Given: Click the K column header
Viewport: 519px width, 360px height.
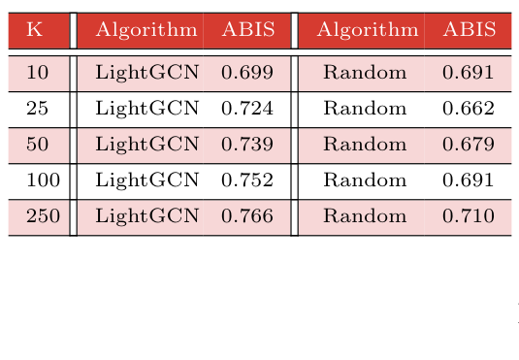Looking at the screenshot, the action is click(x=35, y=30).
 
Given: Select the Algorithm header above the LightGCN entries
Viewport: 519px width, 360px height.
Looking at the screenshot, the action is click(x=146, y=30).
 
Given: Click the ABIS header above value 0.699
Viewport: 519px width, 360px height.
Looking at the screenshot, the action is click(x=247, y=30).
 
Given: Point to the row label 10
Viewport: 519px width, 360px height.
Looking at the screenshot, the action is click(x=37, y=73).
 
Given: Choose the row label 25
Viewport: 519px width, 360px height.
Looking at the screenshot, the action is click(x=37, y=109).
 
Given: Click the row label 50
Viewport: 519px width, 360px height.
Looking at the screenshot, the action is click(x=37, y=145).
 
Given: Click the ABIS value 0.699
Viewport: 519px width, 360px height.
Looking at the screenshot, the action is click(x=247, y=73).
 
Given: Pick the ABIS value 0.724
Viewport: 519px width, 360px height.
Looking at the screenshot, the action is click(x=247, y=109).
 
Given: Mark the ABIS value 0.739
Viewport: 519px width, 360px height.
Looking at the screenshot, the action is click(x=247, y=145).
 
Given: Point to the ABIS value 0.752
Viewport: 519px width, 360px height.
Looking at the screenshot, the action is click(x=247, y=180).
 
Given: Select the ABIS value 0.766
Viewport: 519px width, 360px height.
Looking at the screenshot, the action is click(x=247, y=216).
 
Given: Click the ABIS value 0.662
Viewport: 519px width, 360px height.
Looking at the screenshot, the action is click(x=469, y=109).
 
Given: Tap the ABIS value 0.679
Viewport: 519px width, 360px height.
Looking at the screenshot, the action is click(x=469, y=145).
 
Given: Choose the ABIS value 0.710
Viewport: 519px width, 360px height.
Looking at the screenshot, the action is click(x=469, y=216).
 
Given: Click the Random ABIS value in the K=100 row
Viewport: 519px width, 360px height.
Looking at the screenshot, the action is click(x=469, y=180).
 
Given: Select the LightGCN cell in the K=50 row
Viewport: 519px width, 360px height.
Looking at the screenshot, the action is click(x=146, y=145).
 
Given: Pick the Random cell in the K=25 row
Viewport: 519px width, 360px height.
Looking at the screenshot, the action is click(x=365, y=109).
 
